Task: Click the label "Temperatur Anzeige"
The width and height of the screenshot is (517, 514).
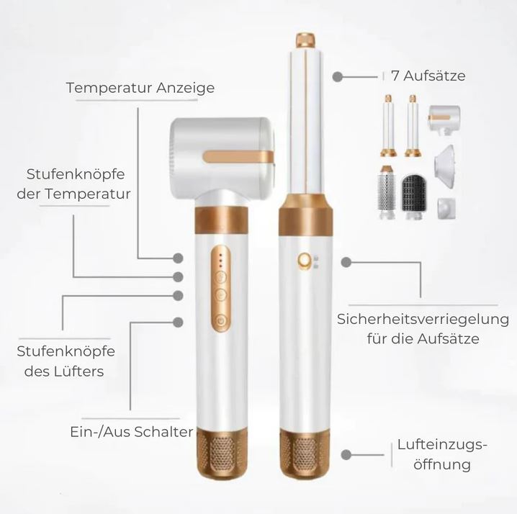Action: (x=140, y=88)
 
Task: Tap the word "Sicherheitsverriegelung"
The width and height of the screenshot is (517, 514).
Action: (x=423, y=319)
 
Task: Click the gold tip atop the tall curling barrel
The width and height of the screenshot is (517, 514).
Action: (x=305, y=39)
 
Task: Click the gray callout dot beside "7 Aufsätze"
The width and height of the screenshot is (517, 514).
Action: (x=336, y=75)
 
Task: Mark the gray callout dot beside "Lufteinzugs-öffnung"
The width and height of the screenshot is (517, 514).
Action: (x=346, y=454)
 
